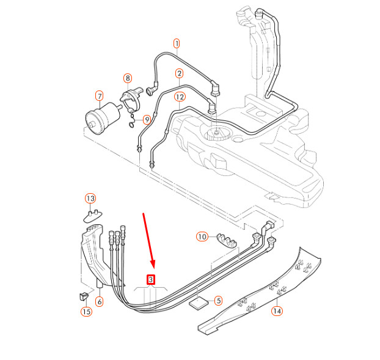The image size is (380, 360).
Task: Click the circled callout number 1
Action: click(177, 43)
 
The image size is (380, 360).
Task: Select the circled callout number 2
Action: click(179, 74)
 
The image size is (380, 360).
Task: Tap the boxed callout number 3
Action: click(152, 280)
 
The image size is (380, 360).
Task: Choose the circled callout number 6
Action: click(100, 301)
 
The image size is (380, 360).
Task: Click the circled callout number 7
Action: click(99, 96)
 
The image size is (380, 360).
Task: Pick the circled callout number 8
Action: click(127, 78)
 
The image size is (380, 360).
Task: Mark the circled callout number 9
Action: click(147, 119)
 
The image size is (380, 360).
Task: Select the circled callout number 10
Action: click(202, 237)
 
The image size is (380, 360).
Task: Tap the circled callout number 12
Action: click(179, 97)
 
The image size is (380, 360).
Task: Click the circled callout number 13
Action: click(90, 199)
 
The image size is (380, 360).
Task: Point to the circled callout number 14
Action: click(277, 311)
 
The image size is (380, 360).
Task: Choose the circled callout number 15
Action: click(86, 312)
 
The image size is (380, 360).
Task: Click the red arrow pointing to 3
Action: click(149, 241)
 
